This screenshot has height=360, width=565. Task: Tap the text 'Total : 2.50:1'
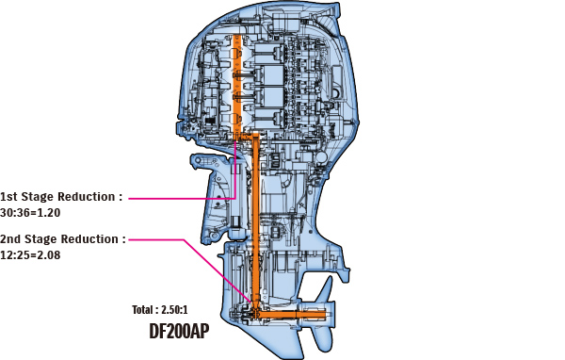point(166,309)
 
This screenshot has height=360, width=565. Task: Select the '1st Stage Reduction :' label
point(61,197)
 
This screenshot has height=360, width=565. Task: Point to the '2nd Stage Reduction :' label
point(62,239)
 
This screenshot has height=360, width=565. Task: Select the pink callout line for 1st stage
point(179,198)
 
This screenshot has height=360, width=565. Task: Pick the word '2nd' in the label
point(12,239)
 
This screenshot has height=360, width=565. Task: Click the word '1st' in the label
point(11,197)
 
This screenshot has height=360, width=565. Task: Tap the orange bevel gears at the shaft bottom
point(255,307)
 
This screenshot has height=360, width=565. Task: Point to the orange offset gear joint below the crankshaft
point(247,139)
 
